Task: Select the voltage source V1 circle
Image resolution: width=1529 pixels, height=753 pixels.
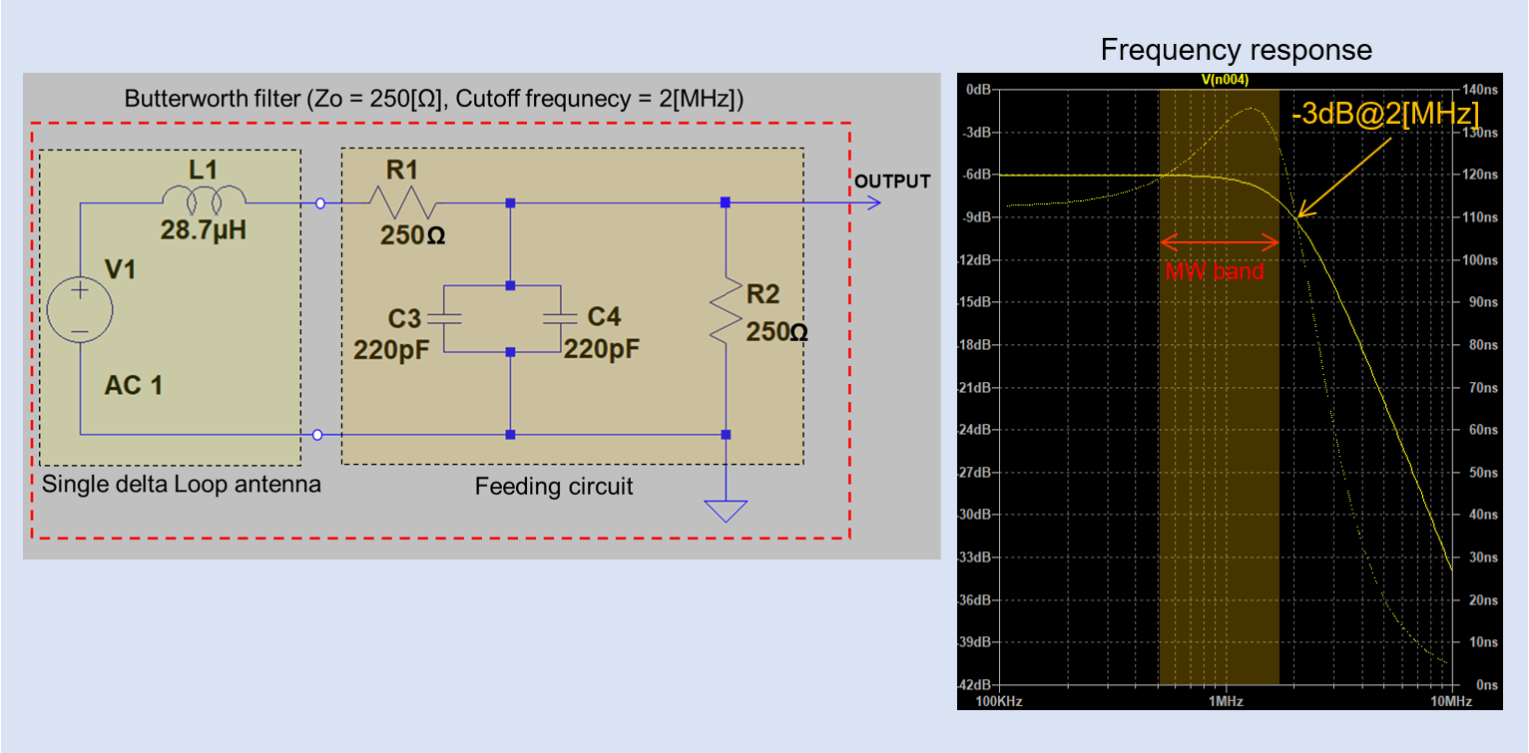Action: click(x=79, y=310)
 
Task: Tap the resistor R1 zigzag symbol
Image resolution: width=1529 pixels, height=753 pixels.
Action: click(x=401, y=202)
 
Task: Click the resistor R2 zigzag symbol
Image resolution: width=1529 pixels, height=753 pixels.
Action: click(x=726, y=310)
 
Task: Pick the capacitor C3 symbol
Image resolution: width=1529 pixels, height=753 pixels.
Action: click(x=442, y=318)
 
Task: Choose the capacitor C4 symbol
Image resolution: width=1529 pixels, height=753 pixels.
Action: click(x=560, y=318)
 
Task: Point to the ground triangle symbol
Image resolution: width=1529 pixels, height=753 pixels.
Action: click(x=726, y=510)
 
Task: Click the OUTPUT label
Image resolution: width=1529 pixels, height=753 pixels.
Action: click(x=891, y=182)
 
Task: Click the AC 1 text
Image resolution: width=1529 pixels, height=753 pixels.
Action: click(x=133, y=385)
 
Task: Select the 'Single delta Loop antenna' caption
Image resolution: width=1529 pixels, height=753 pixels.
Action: click(x=181, y=486)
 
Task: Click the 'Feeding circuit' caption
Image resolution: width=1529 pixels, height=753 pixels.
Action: click(x=554, y=487)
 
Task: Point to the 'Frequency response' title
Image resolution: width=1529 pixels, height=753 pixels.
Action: click(x=1236, y=50)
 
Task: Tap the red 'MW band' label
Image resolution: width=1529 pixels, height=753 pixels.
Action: click(x=1216, y=271)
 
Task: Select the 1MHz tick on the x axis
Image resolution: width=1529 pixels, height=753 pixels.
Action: click(x=1226, y=701)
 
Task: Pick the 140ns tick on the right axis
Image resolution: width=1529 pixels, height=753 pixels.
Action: click(x=1480, y=89)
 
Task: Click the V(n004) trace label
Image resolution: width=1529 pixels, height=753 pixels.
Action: click(x=1227, y=79)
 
